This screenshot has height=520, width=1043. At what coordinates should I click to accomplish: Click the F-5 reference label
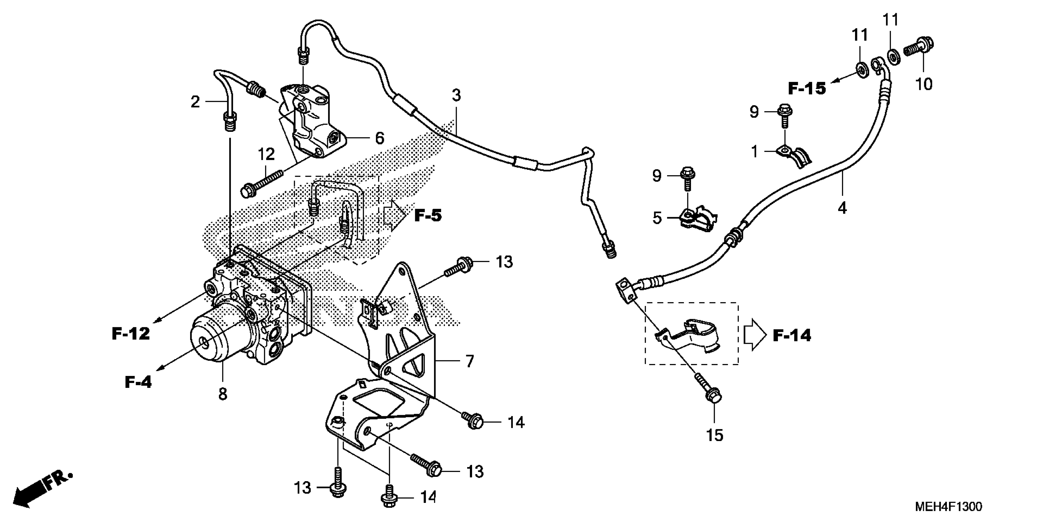click(428, 216)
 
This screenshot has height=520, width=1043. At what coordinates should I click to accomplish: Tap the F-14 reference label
click(792, 336)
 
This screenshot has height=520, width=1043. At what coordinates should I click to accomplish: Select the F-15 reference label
click(807, 88)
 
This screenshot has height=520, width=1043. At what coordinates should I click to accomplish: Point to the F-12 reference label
click(131, 334)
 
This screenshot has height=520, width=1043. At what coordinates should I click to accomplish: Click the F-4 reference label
click(138, 382)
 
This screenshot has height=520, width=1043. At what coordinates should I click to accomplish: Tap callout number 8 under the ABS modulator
click(223, 394)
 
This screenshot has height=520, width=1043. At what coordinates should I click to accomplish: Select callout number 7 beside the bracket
click(470, 361)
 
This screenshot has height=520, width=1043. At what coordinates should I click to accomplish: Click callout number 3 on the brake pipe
click(456, 95)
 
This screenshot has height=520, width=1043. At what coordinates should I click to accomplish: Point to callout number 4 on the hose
click(842, 208)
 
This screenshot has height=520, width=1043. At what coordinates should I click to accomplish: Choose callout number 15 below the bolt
click(714, 436)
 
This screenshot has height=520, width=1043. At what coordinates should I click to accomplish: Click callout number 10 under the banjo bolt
click(924, 84)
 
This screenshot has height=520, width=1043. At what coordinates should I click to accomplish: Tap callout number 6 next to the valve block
click(379, 138)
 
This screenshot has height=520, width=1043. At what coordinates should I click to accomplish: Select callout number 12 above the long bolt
click(266, 154)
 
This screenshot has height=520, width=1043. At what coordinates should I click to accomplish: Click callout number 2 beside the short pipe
click(195, 102)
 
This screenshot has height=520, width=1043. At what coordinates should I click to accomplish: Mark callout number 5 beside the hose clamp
click(657, 218)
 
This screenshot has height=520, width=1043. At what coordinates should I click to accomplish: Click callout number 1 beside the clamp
click(754, 152)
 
